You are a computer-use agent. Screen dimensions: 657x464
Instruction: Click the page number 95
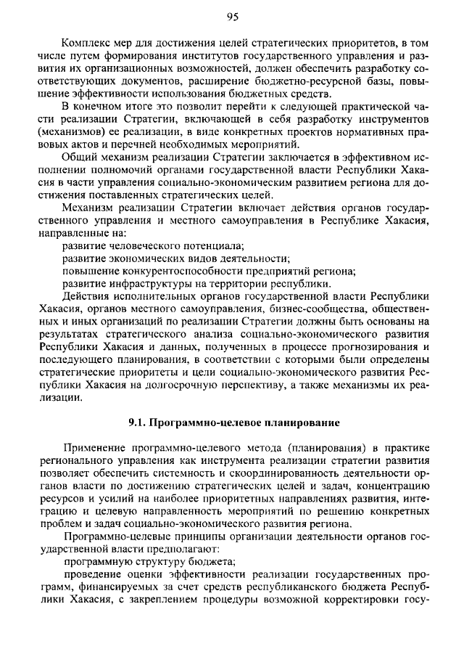click(x=232, y=17)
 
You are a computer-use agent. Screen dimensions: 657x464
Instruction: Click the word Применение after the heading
click(x=98, y=448)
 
